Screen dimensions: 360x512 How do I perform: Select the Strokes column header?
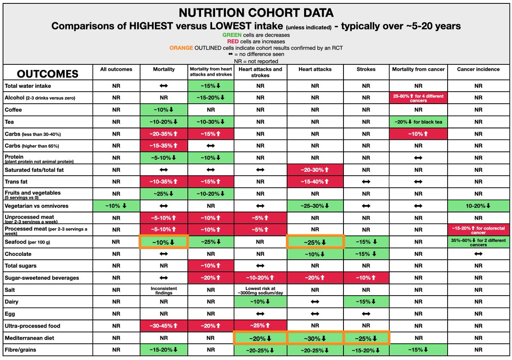click(x=366, y=69)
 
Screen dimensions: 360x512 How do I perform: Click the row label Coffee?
click(x=13, y=110)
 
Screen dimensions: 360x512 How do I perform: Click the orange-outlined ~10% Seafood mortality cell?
click(x=163, y=242)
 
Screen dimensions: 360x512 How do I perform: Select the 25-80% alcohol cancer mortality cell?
click(x=418, y=98)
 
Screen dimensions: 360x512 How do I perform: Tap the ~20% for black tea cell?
click(x=418, y=122)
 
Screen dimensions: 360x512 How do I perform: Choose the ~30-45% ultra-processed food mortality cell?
click(x=163, y=326)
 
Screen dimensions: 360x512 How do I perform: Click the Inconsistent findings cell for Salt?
click(x=163, y=290)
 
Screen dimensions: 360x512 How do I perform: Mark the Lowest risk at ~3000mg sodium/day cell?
click(x=260, y=290)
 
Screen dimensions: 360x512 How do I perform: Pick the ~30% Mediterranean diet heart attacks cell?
click(x=315, y=338)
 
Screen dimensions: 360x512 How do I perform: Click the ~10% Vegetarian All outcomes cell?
click(x=116, y=206)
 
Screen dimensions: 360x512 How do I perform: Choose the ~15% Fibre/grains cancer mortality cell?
click(x=418, y=350)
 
